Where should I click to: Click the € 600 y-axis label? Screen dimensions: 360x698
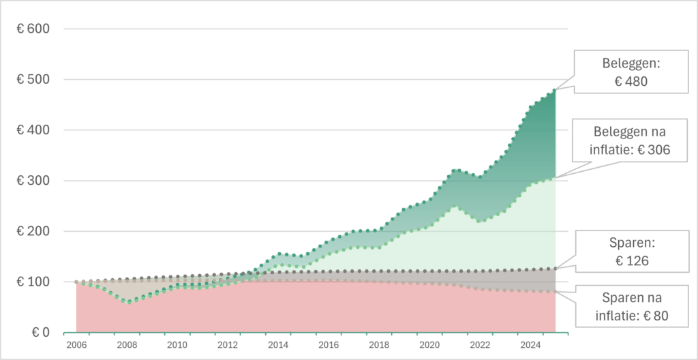tap(32, 29)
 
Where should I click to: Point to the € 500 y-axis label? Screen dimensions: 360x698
tap(32, 80)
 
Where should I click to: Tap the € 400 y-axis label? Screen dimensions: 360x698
tap(32, 130)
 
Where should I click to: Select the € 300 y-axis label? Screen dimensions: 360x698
tap(32, 181)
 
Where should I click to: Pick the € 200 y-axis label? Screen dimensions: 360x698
tap(32, 232)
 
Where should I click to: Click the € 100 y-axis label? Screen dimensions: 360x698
tap(32, 282)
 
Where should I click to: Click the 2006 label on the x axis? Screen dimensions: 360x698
tap(76, 345)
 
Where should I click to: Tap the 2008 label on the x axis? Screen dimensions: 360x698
tap(127, 345)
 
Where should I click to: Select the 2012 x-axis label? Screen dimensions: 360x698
tap(228, 345)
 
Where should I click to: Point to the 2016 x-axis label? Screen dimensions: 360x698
tap(329, 345)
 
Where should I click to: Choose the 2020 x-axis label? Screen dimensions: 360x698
tap(429, 345)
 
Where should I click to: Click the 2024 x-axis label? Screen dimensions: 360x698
tap(530, 345)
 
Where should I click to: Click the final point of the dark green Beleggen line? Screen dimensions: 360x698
tap(555, 90)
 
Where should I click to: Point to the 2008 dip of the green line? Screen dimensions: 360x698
tap(127, 301)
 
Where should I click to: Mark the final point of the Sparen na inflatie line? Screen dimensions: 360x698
tap(555, 292)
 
